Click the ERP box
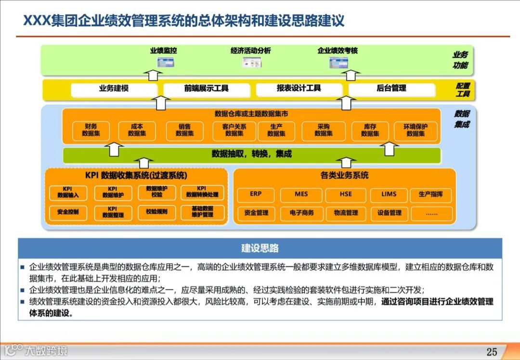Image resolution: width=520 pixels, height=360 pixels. (x=256, y=194)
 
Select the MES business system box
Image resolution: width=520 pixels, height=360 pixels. (x=301, y=194)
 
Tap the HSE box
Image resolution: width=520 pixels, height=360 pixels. (x=345, y=194)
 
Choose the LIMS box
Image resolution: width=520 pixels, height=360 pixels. (x=389, y=194)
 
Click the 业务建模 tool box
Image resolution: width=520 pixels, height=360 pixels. (x=114, y=89)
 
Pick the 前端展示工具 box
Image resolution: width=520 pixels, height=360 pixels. (x=207, y=89)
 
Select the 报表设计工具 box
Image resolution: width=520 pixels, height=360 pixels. (x=299, y=89)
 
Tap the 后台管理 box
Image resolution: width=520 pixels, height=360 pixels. (x=391, y=89)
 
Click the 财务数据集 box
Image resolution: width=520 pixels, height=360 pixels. (x=91, y=130)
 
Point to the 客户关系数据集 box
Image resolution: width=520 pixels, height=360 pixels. (x=234, y=130)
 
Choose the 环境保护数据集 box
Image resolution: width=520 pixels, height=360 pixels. (x=416, y=130)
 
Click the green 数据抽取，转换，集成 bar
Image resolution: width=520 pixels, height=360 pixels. (x=252, y=155)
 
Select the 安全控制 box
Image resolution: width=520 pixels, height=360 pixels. (x=68, y=212)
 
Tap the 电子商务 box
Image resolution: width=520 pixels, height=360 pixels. (x=301, y=213)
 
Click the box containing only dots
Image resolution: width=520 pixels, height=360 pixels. (x=431, y=213)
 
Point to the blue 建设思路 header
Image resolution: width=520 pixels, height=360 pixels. (x=260, y=249)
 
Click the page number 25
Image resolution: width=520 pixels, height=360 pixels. (x=492, y=352)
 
